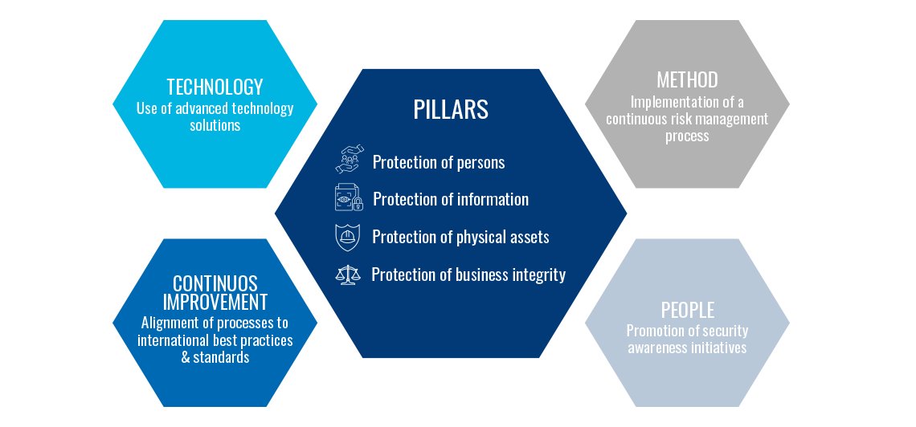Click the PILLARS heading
tap(451, 110)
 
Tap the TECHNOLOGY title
tap(215, 87)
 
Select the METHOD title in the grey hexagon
tap(687, 79)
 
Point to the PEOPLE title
tap(687, 309)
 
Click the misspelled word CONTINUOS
tap(215, 283)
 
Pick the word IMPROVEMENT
tap(215, 302)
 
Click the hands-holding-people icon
tap(350, 160)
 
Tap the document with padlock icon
tap(349, 197)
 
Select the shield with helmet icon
tap(348, 237)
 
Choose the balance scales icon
tap(348, 274)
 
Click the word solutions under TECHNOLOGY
tap(215, 125)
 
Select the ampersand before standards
tap(186, 357)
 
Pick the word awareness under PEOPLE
tap(656, 348)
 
